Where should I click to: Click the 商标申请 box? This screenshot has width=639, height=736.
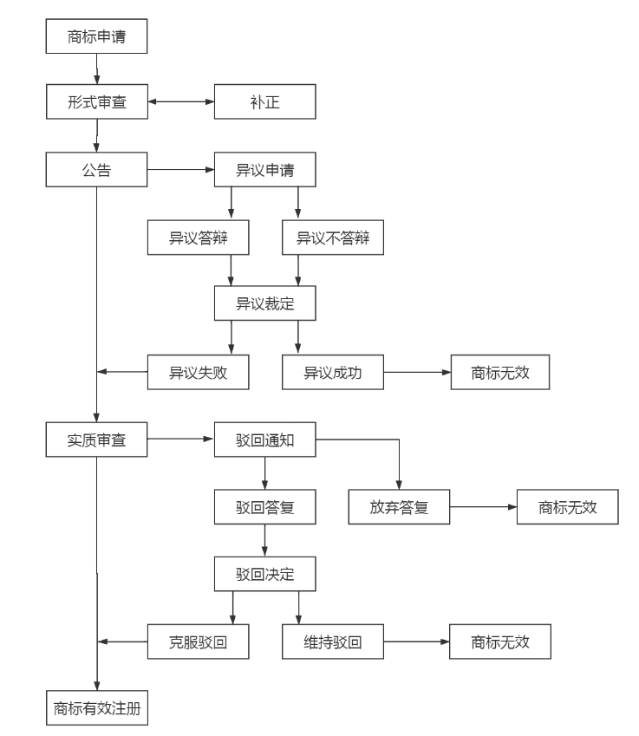pyautogui.click(x=96, y=37)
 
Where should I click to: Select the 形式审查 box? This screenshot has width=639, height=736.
pyautogui.click(x=96, y=101)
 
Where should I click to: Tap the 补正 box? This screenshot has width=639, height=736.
pyautogui.click(x=264, y=101)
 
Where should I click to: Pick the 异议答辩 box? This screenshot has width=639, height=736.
pyautogui.click(x=198, y=238)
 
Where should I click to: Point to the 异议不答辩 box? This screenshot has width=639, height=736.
pyautogui.click(x=333, y=238)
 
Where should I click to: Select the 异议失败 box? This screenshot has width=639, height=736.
pyautogui.click(x=198, y=373)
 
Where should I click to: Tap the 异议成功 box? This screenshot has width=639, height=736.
pyautogui.click(x=333, y=373)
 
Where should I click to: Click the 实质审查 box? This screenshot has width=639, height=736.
pyautogui.click(x=96, y=440)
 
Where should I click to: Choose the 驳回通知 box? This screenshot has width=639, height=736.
pyautogui.click(x=264, y=440)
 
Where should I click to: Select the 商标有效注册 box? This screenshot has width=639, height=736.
pyautogui.click(x=96, y=707)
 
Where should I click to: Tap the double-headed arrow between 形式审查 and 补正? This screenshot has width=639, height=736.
pyautogui.click(x=180, y=101)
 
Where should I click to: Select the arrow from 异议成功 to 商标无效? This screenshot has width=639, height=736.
pyautogui.click(x=416, y=373)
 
